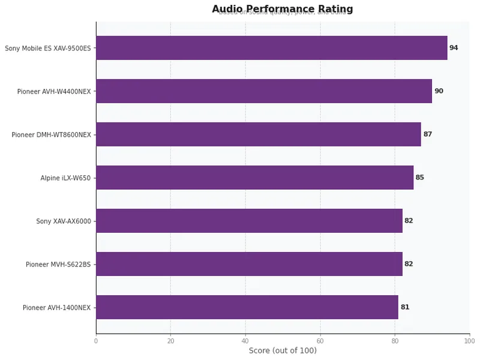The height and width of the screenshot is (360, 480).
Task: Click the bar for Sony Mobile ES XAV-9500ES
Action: [x=271, y=48]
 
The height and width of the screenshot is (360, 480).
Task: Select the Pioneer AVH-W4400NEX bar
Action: [x=264, y=91]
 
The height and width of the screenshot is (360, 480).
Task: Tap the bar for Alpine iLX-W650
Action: [x=254, y=178]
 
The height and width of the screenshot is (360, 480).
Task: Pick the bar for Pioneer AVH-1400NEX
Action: [x=247, y=307]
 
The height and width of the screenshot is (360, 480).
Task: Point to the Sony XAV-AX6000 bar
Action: [x=249, y=221]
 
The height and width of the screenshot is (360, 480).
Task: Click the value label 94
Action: [x=454, y=48]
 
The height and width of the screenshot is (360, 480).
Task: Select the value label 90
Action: [x=439, y=91]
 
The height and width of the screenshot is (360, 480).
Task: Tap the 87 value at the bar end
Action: [x=428, y=134]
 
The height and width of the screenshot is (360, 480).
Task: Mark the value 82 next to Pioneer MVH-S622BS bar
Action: [x=409, y=264]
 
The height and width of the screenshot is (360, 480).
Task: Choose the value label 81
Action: [x=405, y=307]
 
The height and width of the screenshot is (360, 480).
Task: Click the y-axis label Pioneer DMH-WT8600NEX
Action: [x=51, y=135]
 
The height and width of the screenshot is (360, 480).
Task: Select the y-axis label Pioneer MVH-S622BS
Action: [x=58, y=265]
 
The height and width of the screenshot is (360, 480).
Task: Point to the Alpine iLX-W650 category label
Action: [x=65, y=178]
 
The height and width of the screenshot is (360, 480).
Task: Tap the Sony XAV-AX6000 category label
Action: [x=64, y=221]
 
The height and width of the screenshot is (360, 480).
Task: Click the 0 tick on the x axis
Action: [x=96, y=341]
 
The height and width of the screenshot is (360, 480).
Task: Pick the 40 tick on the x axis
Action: [x=245, y=341]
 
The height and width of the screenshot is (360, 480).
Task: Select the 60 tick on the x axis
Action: [x=320, y=341]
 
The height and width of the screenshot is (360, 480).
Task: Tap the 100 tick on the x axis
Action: [x=469, y=341]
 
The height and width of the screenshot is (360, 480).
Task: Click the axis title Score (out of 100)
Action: [x=283, y=351]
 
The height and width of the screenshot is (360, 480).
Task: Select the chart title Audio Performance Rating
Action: [x=283, y=9]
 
